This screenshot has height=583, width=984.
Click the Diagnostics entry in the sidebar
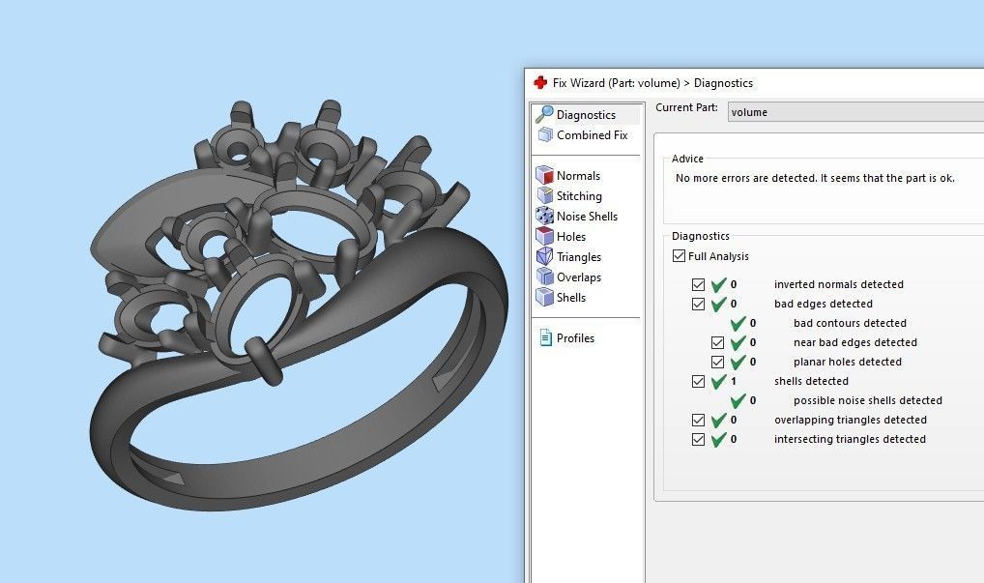586,115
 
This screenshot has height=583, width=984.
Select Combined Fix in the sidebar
592,135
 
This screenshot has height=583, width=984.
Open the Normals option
578,176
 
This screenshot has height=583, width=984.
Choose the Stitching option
579,196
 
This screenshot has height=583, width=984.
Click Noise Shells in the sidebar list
587,217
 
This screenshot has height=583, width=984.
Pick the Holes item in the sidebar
571,237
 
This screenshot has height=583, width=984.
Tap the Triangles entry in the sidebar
579,257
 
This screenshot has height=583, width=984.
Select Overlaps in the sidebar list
579,277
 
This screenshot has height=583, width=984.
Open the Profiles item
575,338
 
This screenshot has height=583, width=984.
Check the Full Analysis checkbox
680,256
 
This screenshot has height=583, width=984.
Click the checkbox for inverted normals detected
699,285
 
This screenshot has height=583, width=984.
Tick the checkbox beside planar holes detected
718,363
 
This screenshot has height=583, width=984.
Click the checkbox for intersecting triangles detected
699,440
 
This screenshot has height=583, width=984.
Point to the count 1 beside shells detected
734,381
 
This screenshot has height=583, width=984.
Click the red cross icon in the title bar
540,83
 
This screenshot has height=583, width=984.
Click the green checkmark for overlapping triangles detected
718,421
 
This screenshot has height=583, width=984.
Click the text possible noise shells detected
867,400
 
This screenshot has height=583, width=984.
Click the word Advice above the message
687,159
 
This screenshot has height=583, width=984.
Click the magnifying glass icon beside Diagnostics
544,115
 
